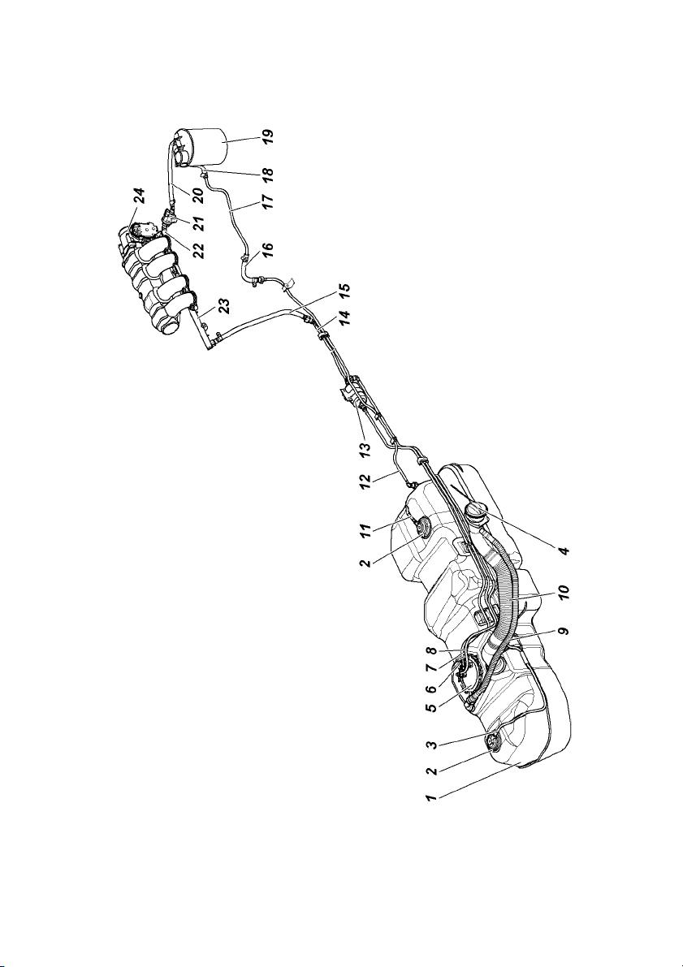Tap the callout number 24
coord(141,196)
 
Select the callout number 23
coord(224,307)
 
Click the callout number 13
coord(365,442)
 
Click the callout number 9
coord(564,632)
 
